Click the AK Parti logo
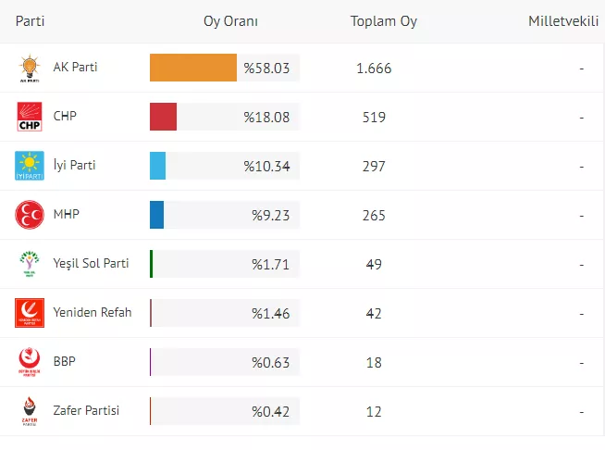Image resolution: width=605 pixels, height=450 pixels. (30, 69)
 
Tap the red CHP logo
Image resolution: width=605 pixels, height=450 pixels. (30, 118)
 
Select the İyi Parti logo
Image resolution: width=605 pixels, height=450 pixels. (30, 166)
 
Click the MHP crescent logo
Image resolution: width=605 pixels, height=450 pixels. (30, 215)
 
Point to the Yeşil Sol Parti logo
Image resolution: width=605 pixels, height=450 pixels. (30, 264)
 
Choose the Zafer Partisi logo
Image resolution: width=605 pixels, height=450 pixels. (30, 411)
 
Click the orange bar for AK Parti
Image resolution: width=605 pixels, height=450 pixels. (193, 68)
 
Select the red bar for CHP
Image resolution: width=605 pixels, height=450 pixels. (163, 117)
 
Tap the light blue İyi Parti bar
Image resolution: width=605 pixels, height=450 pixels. (157, 166)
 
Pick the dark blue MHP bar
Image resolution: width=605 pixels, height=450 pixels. (156, 215)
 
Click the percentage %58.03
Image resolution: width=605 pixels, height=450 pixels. (267, 68)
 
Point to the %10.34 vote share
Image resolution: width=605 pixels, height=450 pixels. (267, 166)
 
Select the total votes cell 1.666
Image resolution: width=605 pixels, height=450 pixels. (374, 68)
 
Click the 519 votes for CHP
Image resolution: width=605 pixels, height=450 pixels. (374, 117)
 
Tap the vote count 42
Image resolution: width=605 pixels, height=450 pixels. (374, 313)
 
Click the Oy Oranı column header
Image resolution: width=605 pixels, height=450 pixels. (230, 21)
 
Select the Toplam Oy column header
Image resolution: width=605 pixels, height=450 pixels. (383, 21)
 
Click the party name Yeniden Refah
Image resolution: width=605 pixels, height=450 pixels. (93, 312)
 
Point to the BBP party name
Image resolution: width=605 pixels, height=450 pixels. (65, 361)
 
